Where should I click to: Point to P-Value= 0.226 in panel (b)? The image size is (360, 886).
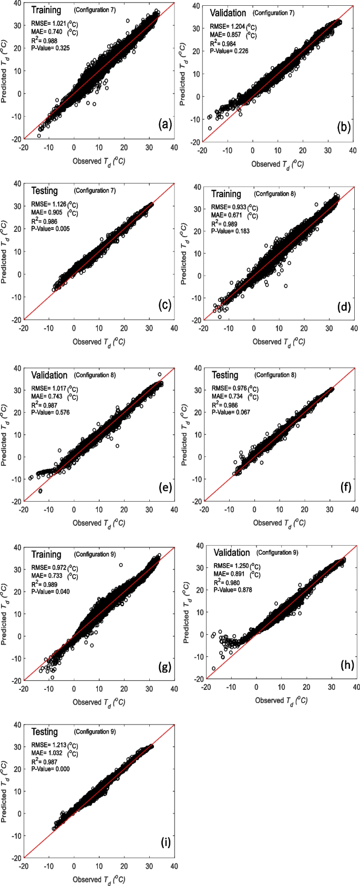pyautogui.click(x=229, y=51)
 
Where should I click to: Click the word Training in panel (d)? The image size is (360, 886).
pyautogui.click(x=226, y=194)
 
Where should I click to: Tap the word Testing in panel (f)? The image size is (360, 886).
pyautogui.click(x=225, y=375)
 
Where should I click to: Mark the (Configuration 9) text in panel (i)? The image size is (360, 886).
pyautogui.click(x=95, y=731)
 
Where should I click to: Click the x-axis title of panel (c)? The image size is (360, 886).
pyautogui.click(x=99, y=342)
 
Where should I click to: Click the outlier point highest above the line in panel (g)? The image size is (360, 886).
pyautogui.click(x=121, y=565)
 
